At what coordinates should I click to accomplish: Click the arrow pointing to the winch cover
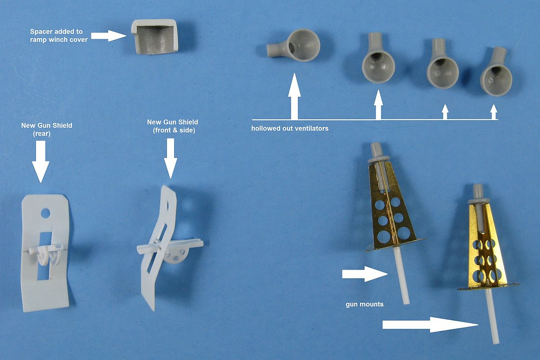pos(108,36)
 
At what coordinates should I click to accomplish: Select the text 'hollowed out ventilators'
pos(290,128)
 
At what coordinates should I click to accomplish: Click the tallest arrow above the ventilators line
pos(294,96)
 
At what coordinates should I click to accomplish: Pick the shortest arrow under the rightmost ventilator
pos(494,112)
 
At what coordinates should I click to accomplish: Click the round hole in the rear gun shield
pos(45,213)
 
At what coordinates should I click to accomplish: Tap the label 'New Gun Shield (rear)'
pos(46,130)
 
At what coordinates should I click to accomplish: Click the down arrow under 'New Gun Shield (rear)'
pos(40,162)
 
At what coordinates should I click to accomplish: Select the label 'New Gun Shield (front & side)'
pos(173,126)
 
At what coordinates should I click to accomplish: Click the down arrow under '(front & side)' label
pos(171,158)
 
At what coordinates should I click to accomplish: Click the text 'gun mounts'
pos(364,304)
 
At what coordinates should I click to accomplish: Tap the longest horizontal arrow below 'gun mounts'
pos(430,325)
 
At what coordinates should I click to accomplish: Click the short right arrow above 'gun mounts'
pos(365,274)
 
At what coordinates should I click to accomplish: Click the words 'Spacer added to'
pos(56,31)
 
